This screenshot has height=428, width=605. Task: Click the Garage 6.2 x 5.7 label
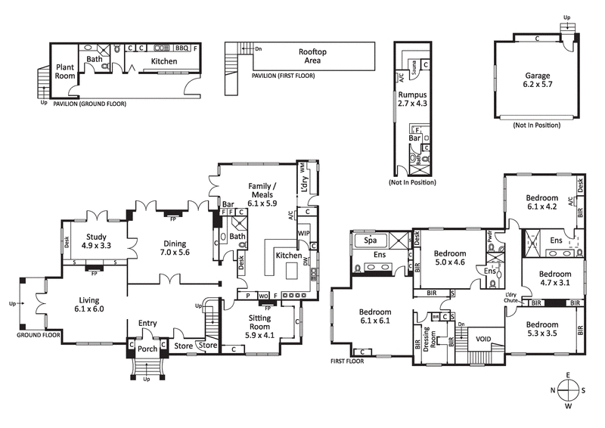tap(537, 81)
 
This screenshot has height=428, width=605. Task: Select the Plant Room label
tap(64, 71)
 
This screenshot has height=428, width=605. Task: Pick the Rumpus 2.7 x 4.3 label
tap(408, 98)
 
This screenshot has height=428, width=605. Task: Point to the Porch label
tap(147, 349)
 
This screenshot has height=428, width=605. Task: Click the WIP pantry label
tap(304, 232)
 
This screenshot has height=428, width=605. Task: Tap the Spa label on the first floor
tap(371, 240)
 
